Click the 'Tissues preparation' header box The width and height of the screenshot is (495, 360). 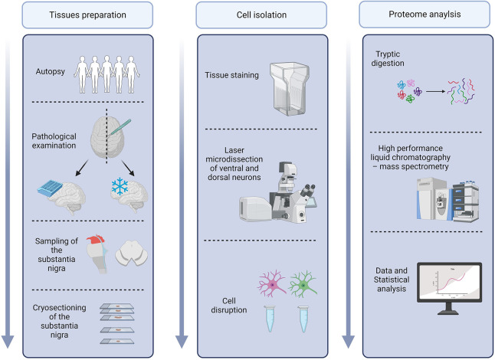point(87,15)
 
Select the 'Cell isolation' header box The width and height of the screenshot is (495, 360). point(261,15)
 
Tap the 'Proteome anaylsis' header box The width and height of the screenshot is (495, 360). point(425,15)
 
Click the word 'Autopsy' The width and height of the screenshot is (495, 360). point(51,72)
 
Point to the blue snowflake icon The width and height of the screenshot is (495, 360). point(120,186)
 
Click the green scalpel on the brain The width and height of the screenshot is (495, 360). point(119,127)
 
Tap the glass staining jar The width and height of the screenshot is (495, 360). point(289,88)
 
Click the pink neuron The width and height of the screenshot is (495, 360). point(272,283)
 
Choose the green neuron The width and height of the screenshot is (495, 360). point(303,284)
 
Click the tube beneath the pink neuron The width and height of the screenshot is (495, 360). point(270,319)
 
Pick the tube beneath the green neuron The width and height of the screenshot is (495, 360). point(303,319)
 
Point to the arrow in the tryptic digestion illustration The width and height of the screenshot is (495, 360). point(436,91)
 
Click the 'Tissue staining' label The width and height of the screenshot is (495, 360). point(231,75)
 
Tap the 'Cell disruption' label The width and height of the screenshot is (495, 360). point(229,306)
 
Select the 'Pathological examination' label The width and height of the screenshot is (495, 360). point(54,141)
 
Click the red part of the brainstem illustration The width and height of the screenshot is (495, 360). point(95,239)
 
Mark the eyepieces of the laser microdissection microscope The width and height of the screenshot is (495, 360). point(308,190)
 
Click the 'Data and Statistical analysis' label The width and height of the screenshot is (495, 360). point(392,280)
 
